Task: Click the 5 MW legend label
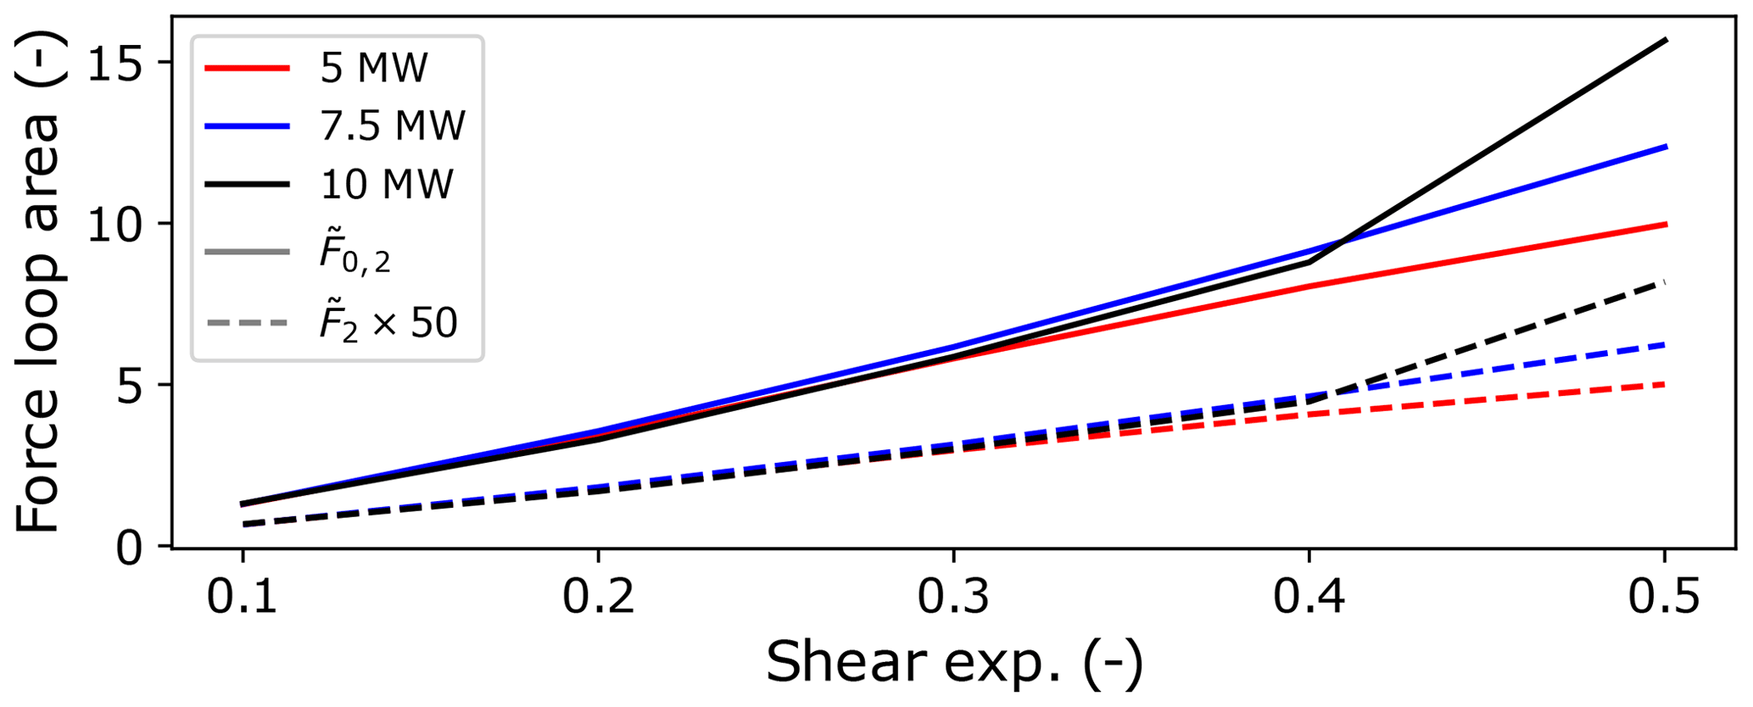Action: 374,68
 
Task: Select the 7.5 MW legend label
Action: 393,126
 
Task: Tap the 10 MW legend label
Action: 387,184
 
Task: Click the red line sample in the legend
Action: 248,68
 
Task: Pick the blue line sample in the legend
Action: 248,126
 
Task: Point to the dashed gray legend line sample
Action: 248,323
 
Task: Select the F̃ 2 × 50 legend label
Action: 388,321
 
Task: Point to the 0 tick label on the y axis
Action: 131,548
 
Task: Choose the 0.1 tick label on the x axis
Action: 243,597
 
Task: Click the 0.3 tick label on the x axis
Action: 953,597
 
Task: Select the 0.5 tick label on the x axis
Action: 1664,597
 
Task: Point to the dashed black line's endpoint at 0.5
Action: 1666,282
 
